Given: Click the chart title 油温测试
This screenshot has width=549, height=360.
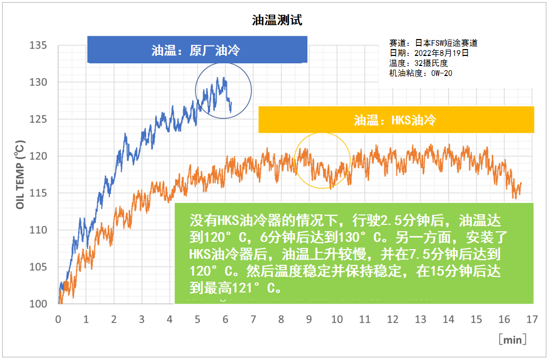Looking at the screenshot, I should pyautogui.click(x=277, y=21).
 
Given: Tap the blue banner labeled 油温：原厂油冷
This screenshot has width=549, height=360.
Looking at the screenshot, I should pyautogui.click(x=197, y=50).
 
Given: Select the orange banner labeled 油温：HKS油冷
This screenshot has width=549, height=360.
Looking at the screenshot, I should pyautogui.click(x=395, y=120).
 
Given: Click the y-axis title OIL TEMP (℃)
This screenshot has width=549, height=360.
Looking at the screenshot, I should pyautogui.click(x=20, y=175).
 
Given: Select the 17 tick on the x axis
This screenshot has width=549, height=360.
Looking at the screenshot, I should pyautogui.click(x=532, y=319).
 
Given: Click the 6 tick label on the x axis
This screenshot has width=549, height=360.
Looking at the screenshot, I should pyautogui.click(x=225, y=319).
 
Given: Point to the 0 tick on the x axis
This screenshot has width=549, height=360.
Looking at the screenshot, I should pyautogui.click(x=58, y=319).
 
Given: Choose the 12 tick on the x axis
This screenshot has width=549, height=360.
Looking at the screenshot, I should pyautogui.click(x=393, y=319).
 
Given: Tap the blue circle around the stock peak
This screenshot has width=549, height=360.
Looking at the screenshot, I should pyautogui.click(x=223, y=90).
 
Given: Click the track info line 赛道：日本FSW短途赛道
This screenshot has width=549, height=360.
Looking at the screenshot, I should pyautogui.click(x=433, y=43).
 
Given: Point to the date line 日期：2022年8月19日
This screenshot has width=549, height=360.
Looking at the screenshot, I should pyautogui.click(x=429, y=53).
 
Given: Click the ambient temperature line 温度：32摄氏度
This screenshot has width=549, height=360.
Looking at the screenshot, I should pyautogui.click(x=418, y=63).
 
